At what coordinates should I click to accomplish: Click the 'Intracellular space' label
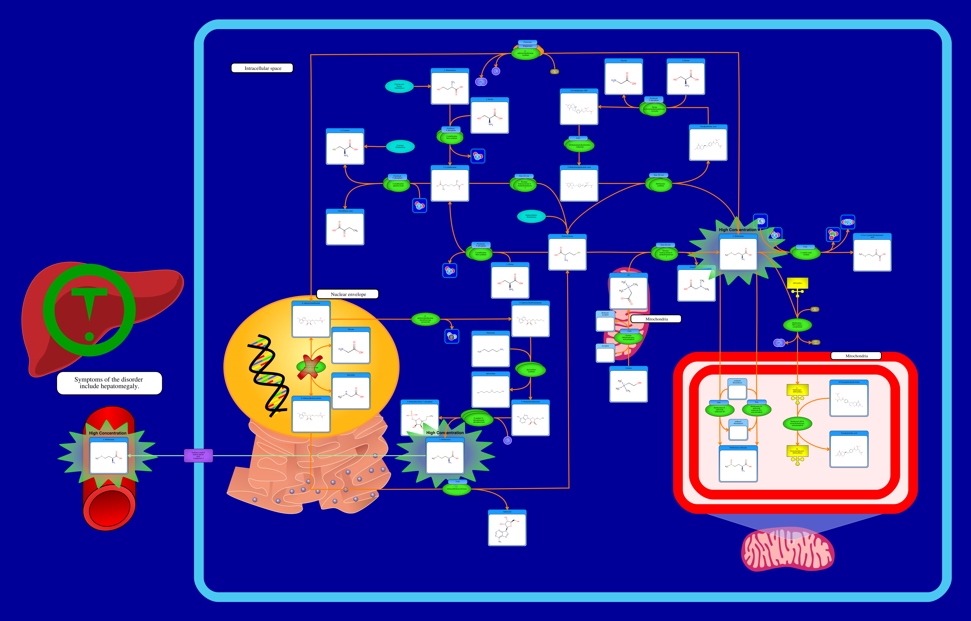[262, 68]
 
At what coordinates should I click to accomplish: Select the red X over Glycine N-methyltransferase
[310, 367]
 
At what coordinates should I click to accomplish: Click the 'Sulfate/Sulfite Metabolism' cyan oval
[531, 216]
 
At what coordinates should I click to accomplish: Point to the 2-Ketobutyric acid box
[345, 227]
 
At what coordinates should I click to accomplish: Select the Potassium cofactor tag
[527, 42]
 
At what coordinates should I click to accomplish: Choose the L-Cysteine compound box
[345, 147]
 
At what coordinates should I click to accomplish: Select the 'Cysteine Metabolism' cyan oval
[400, 146]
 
